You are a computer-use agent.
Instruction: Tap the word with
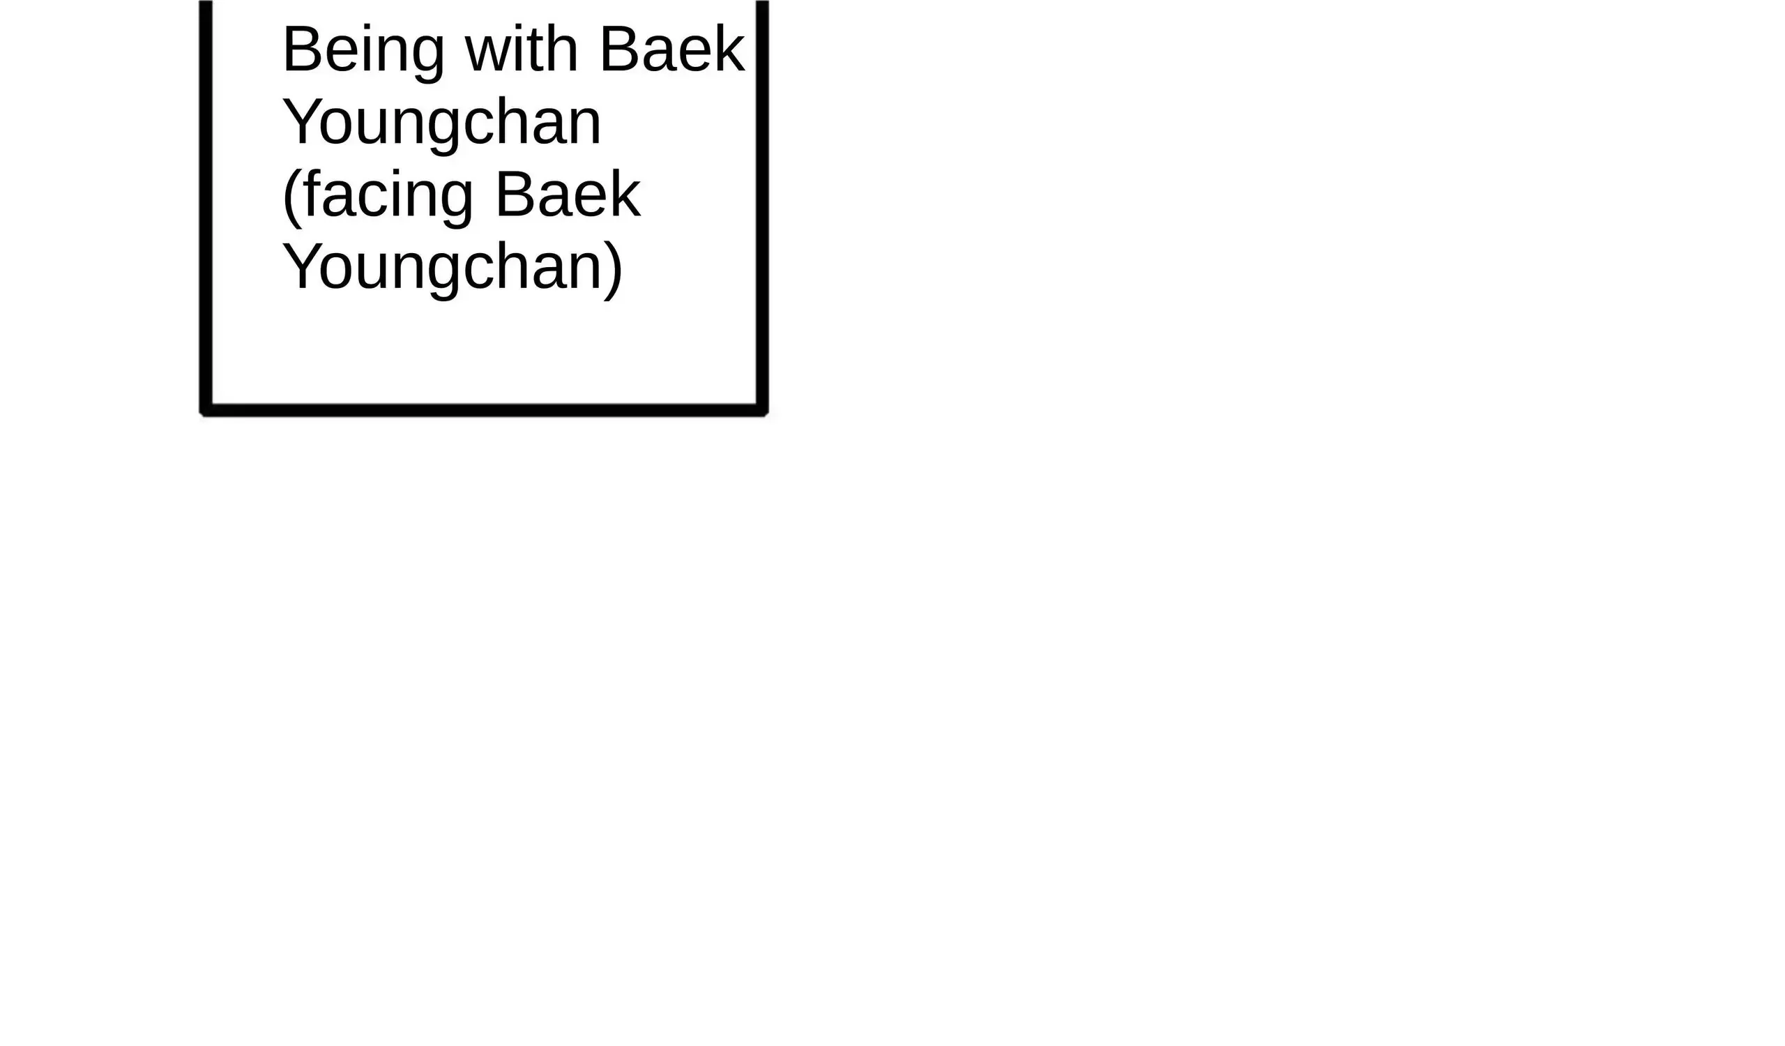point(522,48)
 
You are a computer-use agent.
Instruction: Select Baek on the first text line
point(672,48)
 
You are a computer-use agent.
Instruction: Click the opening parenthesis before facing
point(291,199)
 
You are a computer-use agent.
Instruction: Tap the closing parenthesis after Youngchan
point(614,271)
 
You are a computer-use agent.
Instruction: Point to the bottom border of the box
point(484,410)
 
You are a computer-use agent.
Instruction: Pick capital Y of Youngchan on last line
point(300,266)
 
